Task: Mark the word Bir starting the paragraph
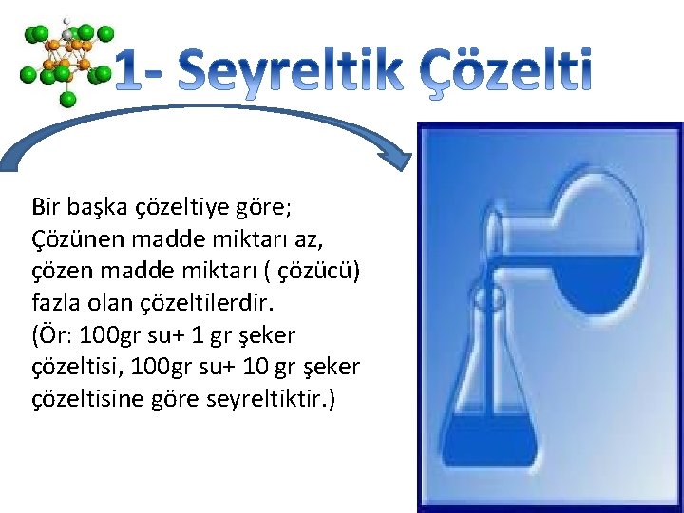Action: point(44,206)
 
